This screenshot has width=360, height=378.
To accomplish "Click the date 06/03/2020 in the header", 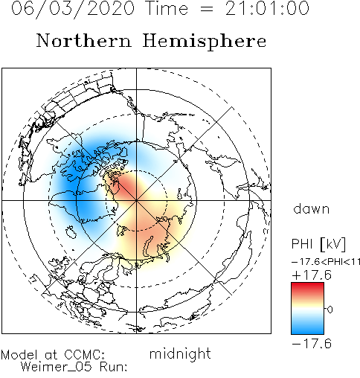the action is click(73, 9).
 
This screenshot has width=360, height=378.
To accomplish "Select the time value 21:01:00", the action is click(267, 8).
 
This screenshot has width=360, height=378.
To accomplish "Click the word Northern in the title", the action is click(84, 41).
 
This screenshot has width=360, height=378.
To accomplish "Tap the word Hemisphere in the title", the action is click(205, 42).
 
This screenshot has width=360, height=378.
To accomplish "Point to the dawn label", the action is click(312, 208).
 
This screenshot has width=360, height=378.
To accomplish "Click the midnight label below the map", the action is click(180, 353).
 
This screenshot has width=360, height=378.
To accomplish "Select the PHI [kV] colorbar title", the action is click(318, 244).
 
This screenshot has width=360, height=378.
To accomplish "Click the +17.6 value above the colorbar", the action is click(312, 275).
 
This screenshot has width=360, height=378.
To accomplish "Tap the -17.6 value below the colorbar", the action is click(312, 344).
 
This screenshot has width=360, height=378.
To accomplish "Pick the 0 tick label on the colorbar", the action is click(330, 310).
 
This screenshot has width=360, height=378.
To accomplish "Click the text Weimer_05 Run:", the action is click(74, 367).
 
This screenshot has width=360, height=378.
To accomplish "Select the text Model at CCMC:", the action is click(53, 355).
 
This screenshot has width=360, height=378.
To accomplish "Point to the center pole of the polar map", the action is click(136, 200).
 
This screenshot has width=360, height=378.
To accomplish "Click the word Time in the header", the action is click(167, 8).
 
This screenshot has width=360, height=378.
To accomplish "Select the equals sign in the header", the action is click(207, 9).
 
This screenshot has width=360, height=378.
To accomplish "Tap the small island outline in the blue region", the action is click(71, 232).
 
